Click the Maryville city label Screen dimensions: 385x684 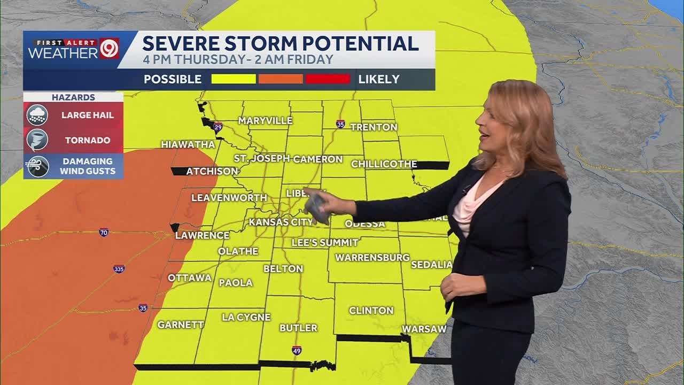265,121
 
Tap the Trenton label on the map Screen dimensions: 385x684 374,127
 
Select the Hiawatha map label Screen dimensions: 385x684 188,144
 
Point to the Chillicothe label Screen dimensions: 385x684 384,164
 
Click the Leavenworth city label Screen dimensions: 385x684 229,198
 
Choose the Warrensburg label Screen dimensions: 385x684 372,258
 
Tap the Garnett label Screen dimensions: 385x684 181,325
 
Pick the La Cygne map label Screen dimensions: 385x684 246,317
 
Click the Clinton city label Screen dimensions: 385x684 371,311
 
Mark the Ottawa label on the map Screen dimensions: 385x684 190,278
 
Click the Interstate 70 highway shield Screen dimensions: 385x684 104,232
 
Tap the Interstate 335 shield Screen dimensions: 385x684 119,268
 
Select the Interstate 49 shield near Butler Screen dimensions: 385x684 297,350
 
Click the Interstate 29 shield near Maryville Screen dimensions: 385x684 217,127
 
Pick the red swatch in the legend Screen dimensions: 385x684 328,79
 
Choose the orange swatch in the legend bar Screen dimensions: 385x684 281,79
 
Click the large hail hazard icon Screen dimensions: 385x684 37,115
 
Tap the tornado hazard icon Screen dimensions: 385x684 37,140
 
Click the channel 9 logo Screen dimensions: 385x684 109,49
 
